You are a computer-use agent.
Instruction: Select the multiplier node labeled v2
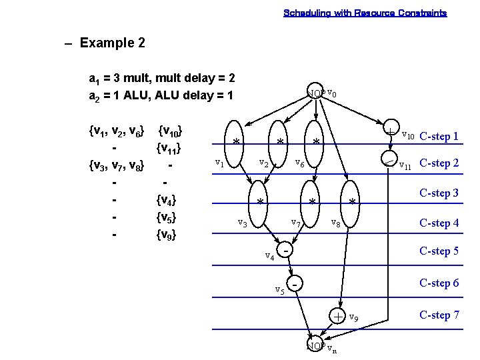(280, 141)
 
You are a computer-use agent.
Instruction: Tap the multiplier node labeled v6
(317, 141)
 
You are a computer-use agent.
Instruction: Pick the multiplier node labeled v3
(261, 201)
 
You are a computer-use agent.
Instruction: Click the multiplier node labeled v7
(311, 201)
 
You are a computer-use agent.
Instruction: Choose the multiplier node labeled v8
(352, 201)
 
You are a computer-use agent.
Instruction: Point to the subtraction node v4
(285, 251)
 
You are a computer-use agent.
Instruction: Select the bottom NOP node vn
(315, 346)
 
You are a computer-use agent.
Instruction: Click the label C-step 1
(439, 137)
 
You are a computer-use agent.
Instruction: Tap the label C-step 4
(439, 223)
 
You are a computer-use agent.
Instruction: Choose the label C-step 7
(439, 315)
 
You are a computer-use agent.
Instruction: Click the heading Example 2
(112, 43)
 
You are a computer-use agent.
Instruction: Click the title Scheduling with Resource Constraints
(365, 13)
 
